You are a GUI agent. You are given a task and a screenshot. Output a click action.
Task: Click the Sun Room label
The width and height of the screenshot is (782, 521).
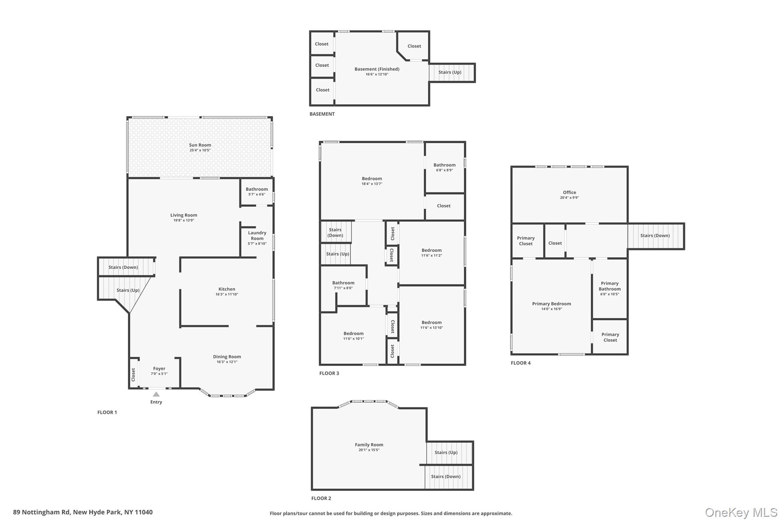(200, 145)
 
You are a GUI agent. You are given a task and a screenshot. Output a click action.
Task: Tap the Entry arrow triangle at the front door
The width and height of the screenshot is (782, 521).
(156, 394)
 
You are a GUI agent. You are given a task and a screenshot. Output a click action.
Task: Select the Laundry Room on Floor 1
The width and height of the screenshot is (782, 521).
(257, 235)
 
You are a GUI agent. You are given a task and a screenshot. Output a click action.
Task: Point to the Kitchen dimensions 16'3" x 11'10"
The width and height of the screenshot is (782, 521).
(227, 294)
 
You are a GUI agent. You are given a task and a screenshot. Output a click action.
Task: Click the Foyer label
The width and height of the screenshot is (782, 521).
(159, 369)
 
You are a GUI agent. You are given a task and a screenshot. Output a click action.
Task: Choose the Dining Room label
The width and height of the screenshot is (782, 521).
(227, 357)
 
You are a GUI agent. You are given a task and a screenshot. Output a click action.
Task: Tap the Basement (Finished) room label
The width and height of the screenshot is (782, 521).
(377, 69)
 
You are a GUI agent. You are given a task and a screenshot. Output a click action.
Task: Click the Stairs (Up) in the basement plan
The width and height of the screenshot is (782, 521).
(450, 72)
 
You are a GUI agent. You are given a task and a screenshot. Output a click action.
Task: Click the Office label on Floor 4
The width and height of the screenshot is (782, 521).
(569, 192)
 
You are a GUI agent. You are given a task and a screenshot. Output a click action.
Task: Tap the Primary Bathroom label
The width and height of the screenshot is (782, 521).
(610, 286)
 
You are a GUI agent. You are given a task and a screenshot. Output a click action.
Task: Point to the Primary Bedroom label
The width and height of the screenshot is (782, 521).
(552, 304)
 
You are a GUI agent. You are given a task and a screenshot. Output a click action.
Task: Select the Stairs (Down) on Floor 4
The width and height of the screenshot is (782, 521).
(655, 235)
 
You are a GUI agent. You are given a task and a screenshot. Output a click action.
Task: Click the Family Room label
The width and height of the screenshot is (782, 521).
(369, 445)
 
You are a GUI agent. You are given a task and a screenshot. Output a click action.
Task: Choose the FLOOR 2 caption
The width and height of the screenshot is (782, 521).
(321, 498)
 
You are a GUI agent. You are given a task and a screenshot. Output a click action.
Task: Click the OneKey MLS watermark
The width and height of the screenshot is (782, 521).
(741, 512)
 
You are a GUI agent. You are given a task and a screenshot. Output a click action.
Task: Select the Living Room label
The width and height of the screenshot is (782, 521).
(184, 215)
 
